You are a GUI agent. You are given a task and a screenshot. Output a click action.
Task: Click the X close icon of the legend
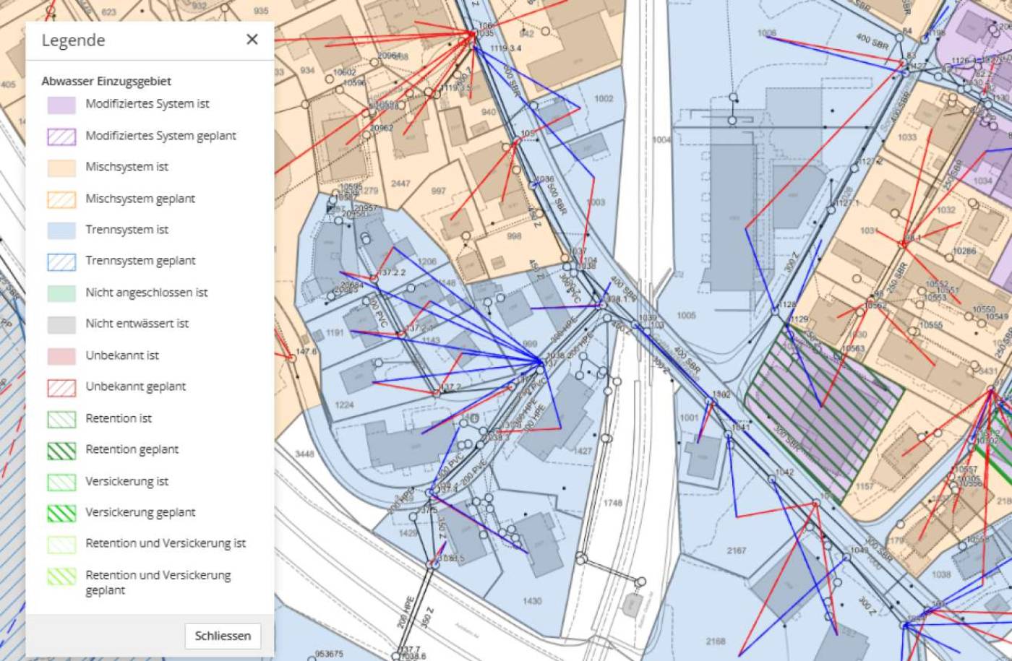252,40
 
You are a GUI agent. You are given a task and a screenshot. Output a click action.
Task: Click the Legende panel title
73,40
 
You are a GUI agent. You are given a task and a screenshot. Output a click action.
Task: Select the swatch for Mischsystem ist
61,168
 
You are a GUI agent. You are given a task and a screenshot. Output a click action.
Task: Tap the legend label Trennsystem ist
126,230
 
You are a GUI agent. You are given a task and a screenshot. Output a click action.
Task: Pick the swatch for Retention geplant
61,450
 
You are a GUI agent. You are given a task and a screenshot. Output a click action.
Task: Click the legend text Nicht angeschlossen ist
146,293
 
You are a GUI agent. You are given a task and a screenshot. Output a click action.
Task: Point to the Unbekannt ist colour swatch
61,356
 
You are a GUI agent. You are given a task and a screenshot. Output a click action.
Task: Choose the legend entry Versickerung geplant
140,512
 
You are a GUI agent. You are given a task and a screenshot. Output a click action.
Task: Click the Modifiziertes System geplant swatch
61,137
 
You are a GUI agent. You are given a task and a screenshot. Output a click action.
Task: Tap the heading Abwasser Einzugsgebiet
106,81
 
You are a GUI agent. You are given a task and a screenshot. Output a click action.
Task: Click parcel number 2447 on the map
400,183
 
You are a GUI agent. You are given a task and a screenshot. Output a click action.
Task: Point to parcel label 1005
686,315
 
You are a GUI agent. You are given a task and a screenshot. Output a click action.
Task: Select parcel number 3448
304,454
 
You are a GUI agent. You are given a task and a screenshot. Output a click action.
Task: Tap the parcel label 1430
531,601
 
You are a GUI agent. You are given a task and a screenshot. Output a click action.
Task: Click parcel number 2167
736,550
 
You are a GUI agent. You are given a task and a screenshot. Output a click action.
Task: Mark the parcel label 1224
344,405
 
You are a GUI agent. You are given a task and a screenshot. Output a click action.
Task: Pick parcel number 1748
612,503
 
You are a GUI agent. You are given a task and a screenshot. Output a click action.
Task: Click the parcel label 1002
603,99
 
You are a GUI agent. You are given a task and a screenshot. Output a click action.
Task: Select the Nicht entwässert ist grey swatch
61,324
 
